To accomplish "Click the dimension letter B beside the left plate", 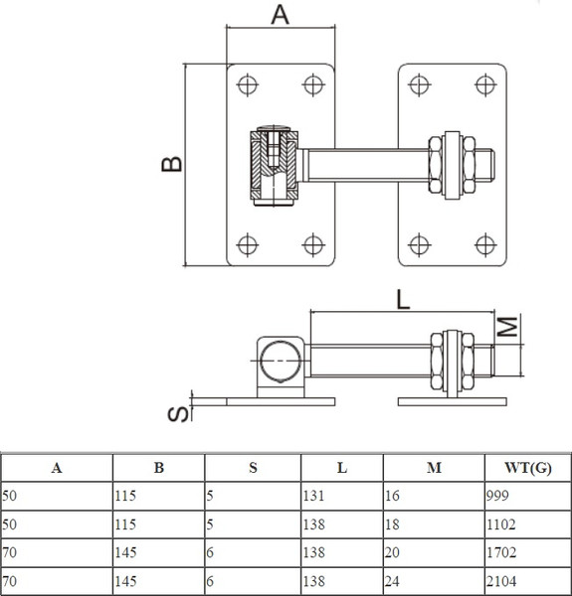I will pos(171,164).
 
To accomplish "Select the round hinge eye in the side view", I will pos(280,360).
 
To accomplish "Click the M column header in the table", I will pos(433,468).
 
